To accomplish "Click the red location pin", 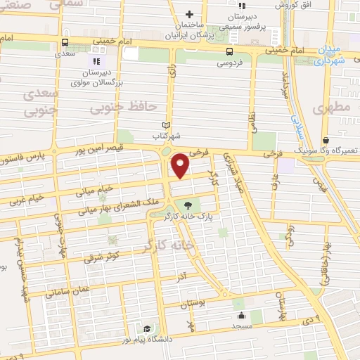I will (x=181, y=165).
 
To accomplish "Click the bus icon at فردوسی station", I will (x=229, y=51).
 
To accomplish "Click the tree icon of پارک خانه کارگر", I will (x=188, y=205).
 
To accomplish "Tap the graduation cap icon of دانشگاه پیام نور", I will (x=146, y=329).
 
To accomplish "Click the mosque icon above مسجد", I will (x=241, y=316).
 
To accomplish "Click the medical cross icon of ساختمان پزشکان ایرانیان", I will (x=189, y=14).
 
